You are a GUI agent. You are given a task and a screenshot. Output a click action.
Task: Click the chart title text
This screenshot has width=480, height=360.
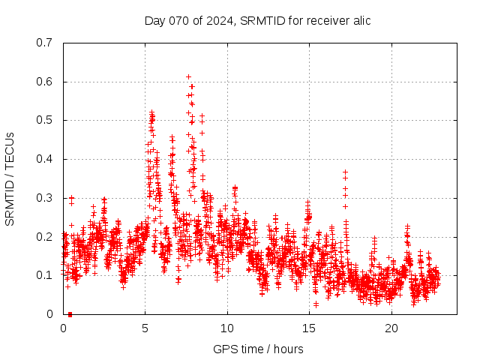tap(257, 20)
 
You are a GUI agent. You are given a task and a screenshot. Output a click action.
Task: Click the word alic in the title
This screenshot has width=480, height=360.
tap(361, 20)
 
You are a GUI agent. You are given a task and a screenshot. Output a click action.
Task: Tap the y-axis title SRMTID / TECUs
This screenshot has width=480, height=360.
tap(10, 178)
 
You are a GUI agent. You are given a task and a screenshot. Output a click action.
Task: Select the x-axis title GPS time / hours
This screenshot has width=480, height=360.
tap(257, 349)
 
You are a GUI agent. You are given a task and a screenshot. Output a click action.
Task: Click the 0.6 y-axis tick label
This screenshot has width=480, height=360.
tap(44, 81)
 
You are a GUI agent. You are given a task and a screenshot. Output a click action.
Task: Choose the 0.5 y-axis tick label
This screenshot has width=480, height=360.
tap(44, 120)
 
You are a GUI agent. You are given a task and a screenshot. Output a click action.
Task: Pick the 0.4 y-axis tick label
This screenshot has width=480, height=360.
tap(44, 159)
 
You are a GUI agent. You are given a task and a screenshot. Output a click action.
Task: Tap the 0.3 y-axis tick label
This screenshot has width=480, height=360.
tap(44, 198)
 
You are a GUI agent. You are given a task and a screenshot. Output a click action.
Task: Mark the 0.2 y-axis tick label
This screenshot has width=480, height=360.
tap(44, 236)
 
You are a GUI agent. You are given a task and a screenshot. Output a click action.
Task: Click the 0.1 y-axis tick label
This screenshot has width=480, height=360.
tap(44, 275)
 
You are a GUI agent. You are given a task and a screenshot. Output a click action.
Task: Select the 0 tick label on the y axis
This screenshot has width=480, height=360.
tap(49, 314)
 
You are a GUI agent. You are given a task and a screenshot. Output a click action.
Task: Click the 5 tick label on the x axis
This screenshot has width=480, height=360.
tap(145, 328)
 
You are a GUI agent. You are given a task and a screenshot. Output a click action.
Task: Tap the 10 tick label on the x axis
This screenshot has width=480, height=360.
tap(226, 328)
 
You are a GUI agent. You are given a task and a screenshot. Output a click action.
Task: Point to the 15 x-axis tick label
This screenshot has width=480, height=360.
tap(308, 328)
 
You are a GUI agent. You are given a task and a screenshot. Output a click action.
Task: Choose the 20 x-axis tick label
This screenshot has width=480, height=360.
tap(391, 328)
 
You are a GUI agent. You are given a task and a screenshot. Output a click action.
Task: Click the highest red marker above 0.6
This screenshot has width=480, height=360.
tap(188, 76)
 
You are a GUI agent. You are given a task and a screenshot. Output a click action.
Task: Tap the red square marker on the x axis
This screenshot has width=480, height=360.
tap(70, 313)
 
